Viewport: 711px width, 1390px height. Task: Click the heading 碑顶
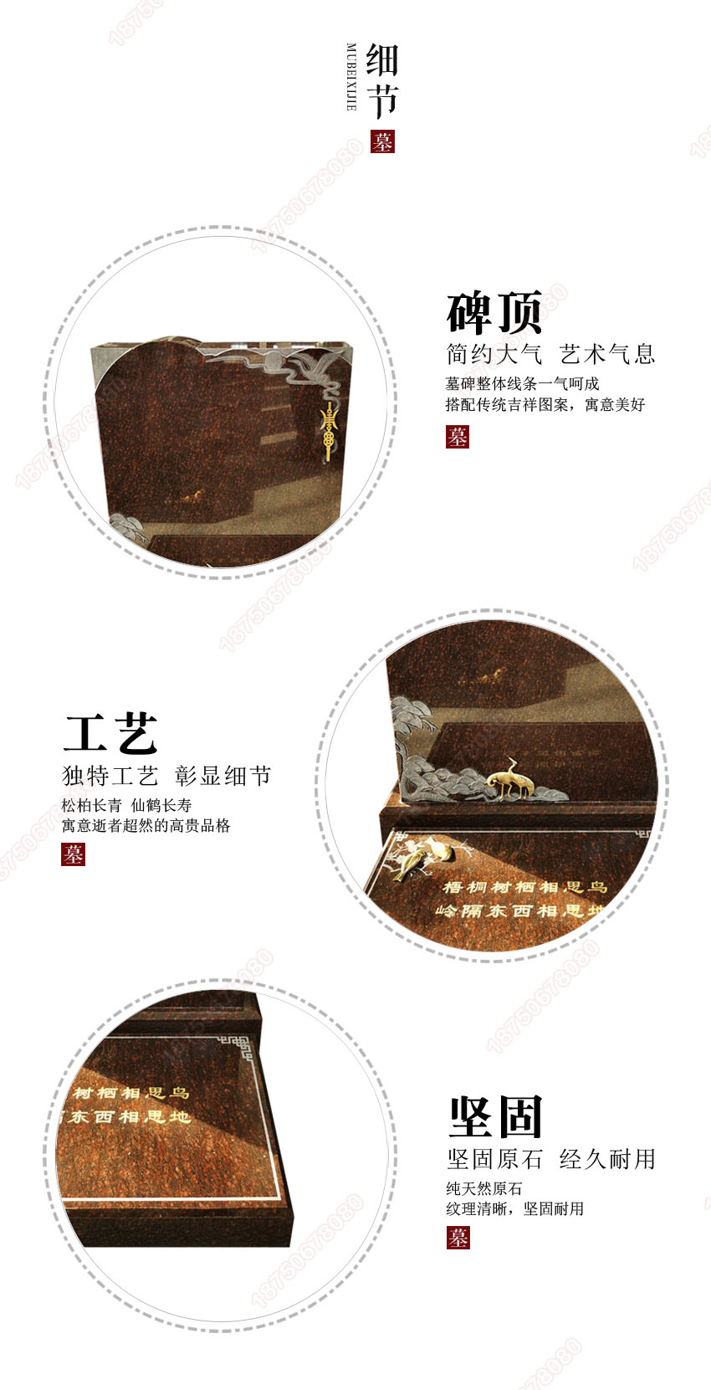click(x=494, y=312)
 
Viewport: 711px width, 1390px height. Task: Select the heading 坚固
click(x=496, y=1117)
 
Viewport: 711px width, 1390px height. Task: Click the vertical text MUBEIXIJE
click(x=351, y=77)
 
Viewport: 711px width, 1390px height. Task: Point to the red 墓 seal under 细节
click(x=382, y=141)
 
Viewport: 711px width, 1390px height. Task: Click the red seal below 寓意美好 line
click(x=457, y=436)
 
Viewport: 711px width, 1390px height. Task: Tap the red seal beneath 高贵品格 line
click(x=73, y=854)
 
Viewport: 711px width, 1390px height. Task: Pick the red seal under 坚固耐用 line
click(x=458, y=1238)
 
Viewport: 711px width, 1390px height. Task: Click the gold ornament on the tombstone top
click(x=329, y=430)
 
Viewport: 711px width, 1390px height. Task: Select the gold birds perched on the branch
click(x=422, y=858)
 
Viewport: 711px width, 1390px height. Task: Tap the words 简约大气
click(x=494, y=354)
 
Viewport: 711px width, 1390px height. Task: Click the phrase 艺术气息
click(x=607, y=354)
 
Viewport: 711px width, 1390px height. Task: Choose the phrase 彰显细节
click(x=223, y=776)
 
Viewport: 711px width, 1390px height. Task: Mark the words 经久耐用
click(x=607, y=1159)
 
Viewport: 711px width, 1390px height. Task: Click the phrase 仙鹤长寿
click(x=161, y=805)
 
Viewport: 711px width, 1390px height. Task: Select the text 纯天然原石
click(x=484, y=1188)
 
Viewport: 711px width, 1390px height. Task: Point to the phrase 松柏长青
click(x=91, y=805)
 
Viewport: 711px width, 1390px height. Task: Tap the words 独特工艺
click(x=110, y=776)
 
